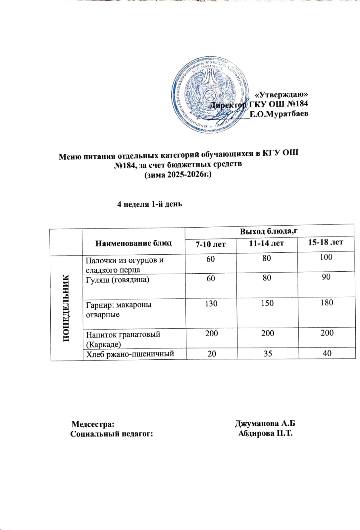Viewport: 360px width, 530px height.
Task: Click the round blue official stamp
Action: coord(211,96)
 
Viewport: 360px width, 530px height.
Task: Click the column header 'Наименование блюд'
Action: coord(133,243)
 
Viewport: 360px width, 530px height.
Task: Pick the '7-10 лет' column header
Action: coord(211,244)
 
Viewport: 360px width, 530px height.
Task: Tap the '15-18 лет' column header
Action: coord(326,242)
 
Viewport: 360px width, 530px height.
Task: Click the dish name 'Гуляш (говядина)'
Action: coord(118,280)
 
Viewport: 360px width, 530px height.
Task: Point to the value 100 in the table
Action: coord(326,257)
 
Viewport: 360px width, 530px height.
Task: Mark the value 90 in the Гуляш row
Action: coord(326,277)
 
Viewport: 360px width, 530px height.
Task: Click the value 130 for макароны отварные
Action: coord(211,303)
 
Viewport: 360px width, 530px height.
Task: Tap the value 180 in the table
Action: coord(327,302)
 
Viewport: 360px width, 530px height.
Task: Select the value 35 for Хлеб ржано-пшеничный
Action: coord(268,354)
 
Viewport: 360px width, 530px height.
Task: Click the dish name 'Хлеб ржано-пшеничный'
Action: coord(130,354)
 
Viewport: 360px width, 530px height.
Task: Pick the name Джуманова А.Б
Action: coord(265,424)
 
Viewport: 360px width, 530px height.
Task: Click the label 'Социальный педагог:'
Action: coord(112,434)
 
